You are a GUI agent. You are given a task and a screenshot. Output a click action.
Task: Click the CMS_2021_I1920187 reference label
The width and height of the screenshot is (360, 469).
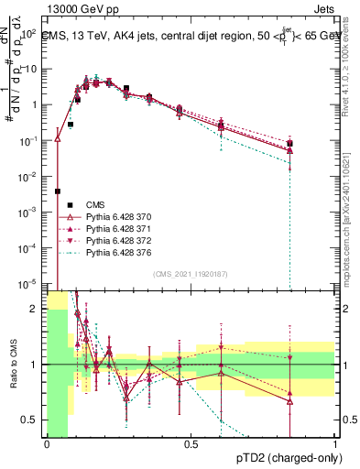tap(191, 274)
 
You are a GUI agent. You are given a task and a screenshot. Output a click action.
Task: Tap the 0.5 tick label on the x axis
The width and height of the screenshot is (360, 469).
tap(191, 444)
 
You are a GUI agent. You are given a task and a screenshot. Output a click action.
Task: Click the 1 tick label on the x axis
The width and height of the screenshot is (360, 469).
tap(335, 444)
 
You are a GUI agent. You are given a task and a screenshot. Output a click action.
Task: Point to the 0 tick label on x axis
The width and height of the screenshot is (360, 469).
tap(48, 444)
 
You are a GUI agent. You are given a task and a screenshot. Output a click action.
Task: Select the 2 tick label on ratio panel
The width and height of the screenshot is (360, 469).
tap(36, 309)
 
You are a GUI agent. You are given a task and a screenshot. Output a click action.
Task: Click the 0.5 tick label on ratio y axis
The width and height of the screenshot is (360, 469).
tap(31, 420)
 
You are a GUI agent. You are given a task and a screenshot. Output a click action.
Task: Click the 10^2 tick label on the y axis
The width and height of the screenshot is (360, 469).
tap(30, 34)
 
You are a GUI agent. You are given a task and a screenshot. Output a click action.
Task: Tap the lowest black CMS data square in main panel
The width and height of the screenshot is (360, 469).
tap(58, 191)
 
